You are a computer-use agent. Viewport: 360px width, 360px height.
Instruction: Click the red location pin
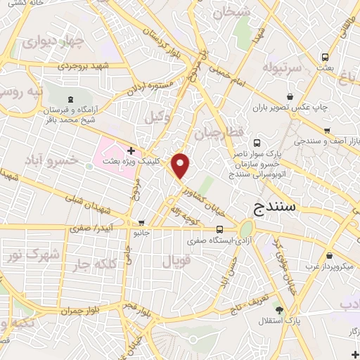click(x=181, y=166)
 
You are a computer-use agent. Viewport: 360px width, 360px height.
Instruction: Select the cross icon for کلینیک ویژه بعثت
click(x=131, y=150)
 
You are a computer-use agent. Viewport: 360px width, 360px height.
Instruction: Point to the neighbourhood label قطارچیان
click(x=217, y=133)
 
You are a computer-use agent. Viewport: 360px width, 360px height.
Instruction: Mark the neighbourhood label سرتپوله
click(x=281, y=67)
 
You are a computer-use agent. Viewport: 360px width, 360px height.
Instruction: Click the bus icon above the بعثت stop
click(x=325, y=57)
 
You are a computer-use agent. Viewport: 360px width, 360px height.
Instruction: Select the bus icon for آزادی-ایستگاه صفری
click(x=221, y=229)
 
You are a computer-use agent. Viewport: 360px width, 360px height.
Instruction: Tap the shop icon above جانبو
click(x=141, y=223)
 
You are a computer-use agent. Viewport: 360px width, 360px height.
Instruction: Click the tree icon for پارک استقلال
click(x=280, y=310)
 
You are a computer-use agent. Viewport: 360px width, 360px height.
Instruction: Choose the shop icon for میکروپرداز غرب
click(x=329, y=256)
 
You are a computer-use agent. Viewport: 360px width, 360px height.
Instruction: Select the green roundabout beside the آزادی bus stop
click(x=246, y=230)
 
